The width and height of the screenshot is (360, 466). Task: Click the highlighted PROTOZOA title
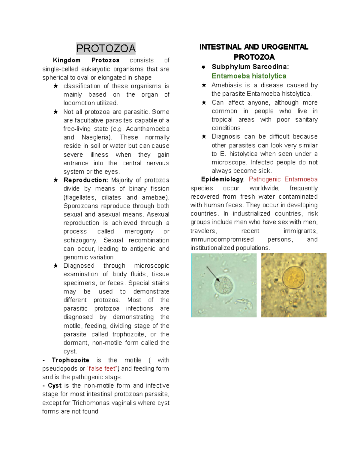click(106, 48)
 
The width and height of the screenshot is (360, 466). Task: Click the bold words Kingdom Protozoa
click(86, 60)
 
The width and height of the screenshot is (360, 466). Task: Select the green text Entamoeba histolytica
click(249, 76)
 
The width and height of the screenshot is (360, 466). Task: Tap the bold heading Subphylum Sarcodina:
click(250, 67)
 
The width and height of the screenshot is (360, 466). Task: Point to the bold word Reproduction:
click(85, 180)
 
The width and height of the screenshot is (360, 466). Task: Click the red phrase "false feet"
click(102, 368)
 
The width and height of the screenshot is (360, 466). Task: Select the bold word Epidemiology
click(222, 179)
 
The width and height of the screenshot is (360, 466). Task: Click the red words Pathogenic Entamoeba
click(283, 179)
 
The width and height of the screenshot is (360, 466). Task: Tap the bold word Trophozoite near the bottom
click(70, 360)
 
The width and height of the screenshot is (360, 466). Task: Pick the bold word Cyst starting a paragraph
click(55, 386)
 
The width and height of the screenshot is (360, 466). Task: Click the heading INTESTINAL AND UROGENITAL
click(254, 47)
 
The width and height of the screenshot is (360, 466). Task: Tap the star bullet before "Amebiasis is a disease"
click(204, 85)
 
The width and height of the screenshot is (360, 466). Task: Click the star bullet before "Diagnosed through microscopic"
click(55, 266)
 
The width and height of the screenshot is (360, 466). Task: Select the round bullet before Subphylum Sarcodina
click(203, 67)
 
